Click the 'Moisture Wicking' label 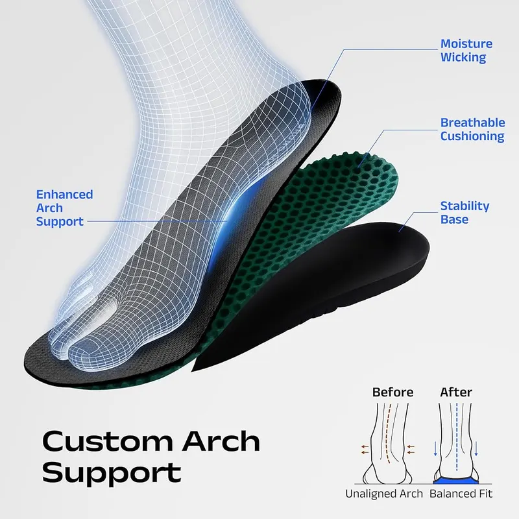(x=466, y=51)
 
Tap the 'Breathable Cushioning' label (x=473, y=129)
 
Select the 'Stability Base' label (x=465, y=213)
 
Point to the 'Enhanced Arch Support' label (x=64, y=208)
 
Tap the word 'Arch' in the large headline (x=221, y=441)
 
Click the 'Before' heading (x=392, y=392)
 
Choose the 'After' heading (x=456, y=392)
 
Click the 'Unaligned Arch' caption (x=384, y=494)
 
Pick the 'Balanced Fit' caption (x=461, y=494)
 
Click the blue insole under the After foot (x=456, y=480)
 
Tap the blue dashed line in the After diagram (x=457, y=437)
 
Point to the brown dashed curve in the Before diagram (x=388, y=433)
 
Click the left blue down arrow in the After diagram (x=435, y=448)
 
